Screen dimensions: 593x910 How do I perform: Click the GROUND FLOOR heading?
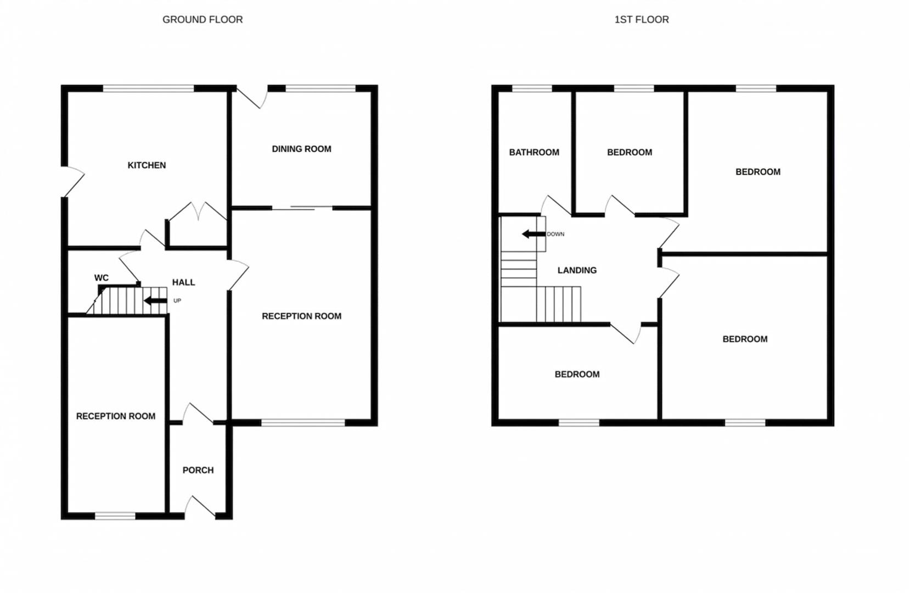pos(203,20)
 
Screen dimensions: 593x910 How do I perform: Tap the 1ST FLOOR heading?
pos(641,20)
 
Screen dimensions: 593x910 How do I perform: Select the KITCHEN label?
pos(147,165)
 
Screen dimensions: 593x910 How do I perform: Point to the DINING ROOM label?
pos(301,149)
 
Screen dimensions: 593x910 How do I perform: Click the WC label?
pos(102,278)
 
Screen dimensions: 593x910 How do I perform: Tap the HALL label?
pos(183,282)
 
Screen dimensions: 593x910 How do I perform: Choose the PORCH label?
pos(198,470)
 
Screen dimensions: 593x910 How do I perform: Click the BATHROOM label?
pos(533,152)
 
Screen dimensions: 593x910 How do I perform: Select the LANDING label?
pos(577,270)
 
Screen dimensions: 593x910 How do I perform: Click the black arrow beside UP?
pos(155,301)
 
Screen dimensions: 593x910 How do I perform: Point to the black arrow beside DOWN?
pos(533,234)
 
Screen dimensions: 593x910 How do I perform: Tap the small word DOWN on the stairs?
pos(555,234)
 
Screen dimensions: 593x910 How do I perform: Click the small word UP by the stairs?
pos(177,301)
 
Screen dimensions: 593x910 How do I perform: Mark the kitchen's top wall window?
pos(148,88)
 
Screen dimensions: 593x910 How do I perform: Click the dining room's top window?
pos(321,88)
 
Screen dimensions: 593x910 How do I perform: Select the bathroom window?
pos(532,88)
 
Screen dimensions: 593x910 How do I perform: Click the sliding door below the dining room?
pos(302,208)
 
